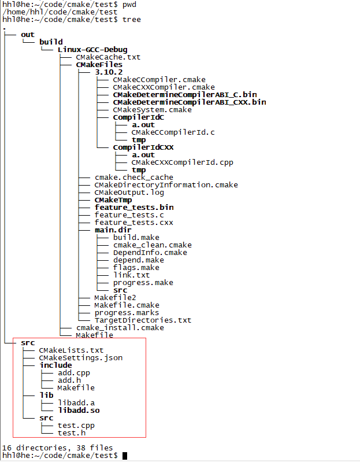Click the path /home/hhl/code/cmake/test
(x=60, y=12)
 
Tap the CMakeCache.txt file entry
(x=108, y=57)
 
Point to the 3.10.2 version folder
(x=113, y=72)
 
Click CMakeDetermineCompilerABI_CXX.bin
(x=190, y=102)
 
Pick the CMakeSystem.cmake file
(x=152, y=110)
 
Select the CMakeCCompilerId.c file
(x=173, y=132)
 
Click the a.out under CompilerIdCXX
(x=143, y=155)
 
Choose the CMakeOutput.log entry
(x=129, y=193)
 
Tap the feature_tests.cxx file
(x=134, y=223)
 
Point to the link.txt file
(x=131, y=275)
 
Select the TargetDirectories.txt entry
(x=143, y=320)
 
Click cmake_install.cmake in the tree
(x=120, y=328)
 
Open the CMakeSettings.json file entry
(x=80, y=358)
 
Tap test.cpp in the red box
(x=76, y=426)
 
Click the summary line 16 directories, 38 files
(x=58, y=448)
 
